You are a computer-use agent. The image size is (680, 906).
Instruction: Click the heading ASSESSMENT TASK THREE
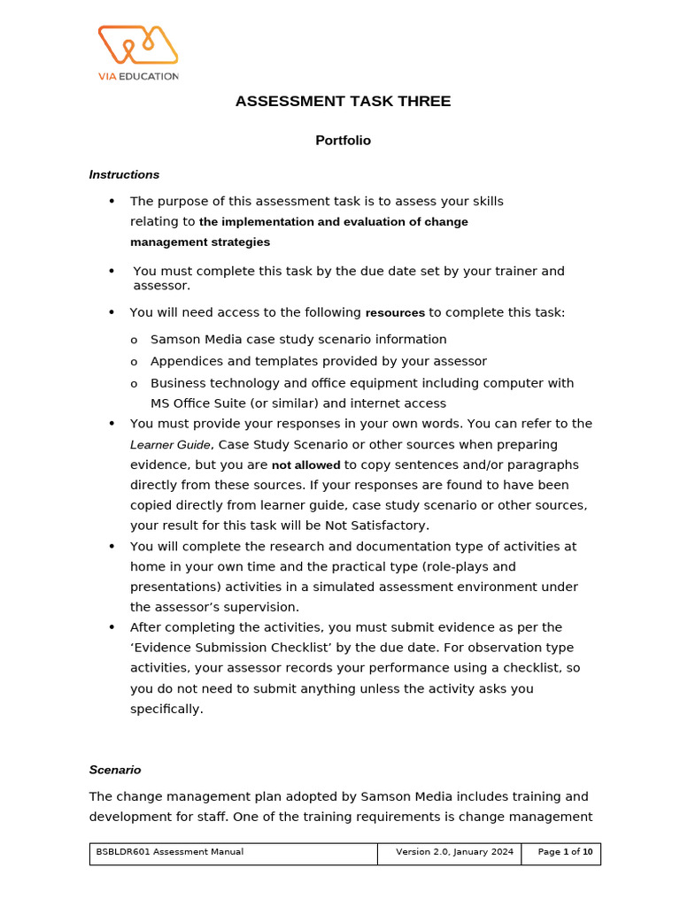pyautogui.click(x=343, y=102)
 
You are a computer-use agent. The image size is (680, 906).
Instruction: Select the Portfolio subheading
pyautogui.click(x=343, y=141)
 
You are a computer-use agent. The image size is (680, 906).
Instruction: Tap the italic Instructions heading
pyautogui.click(x=124, y=175)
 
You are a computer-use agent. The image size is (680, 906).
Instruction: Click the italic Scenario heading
pyautogui.click(x=114, y=770)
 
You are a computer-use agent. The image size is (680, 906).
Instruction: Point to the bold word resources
pyautogui.click(x=395, y=313)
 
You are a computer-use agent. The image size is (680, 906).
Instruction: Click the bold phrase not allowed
pyautogui.click(x=305, y=465)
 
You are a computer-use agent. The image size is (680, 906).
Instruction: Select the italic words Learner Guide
pyautogui.click(x=170, y=445)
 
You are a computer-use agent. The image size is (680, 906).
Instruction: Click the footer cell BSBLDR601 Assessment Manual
pyautogui.click(x=170, y=852)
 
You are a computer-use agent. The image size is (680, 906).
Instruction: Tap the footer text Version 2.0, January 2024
pyautogui.click(x=454, y=852)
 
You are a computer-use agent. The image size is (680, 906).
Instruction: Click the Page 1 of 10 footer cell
pyautogui.click(x=565, y=852)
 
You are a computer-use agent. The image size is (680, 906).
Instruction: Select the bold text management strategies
pyautogui.click(x=200, y=242)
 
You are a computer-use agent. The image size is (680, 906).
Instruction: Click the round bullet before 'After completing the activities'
pyautogui.click(x=112, y=627)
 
